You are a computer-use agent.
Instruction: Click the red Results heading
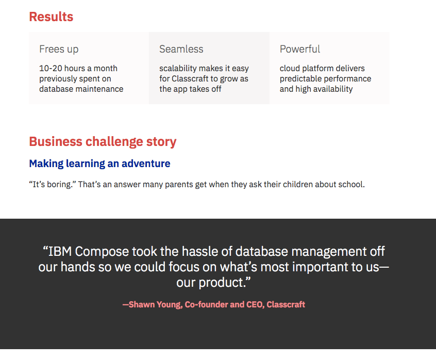point(51,17)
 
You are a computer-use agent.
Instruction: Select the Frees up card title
point(59,49)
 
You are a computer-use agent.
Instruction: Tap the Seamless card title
point(181,49)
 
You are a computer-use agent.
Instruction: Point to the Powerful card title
point(300,49)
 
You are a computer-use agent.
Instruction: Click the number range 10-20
point(51,68)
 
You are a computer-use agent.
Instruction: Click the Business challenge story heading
point(103,142)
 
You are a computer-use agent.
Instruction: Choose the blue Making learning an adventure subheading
point(99,163)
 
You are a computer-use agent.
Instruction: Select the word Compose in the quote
point(102,252)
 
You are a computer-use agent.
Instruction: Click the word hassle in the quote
point(200,252)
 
